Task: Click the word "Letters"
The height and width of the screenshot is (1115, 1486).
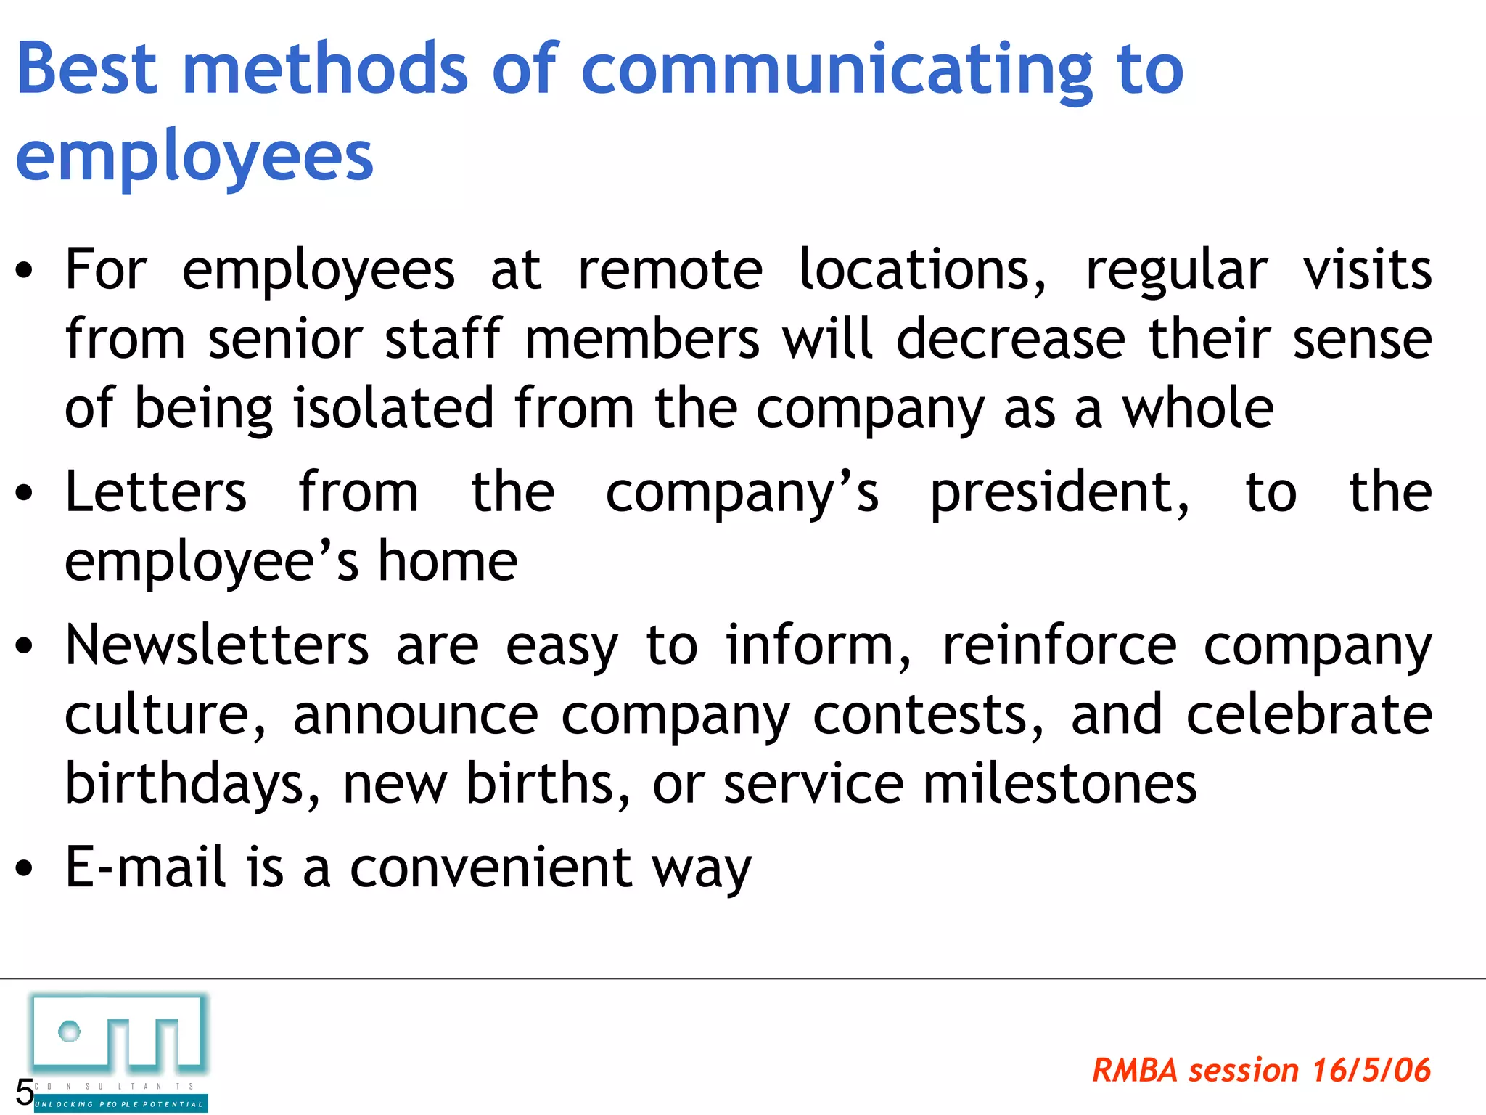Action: tap(156, 492)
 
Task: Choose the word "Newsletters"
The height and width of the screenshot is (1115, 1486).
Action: tap(217, 645)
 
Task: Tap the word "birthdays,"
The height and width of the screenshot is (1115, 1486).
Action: tap(192, 785)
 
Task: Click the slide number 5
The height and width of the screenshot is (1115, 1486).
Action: tap(24, 1092)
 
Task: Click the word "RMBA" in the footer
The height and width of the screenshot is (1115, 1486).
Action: tap(1135, 1071)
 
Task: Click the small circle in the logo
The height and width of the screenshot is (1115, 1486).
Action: tap(70, 1031)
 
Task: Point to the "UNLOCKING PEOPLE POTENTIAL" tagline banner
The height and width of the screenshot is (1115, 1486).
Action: tap(120, 1104)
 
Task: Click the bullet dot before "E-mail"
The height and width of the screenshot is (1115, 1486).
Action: tap(25, 868)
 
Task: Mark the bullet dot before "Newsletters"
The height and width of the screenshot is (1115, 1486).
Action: tap(25, 645)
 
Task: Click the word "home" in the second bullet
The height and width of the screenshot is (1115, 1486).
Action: tap(448, 561)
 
